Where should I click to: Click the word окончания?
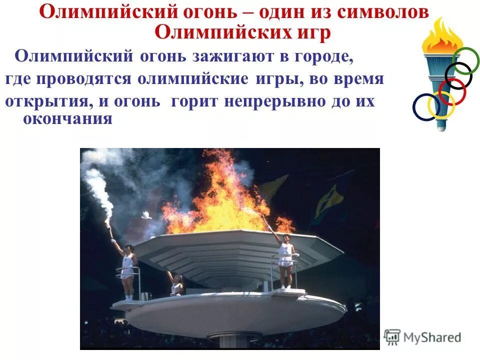67,119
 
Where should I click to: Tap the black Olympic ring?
458,75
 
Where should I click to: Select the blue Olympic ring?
426,107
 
